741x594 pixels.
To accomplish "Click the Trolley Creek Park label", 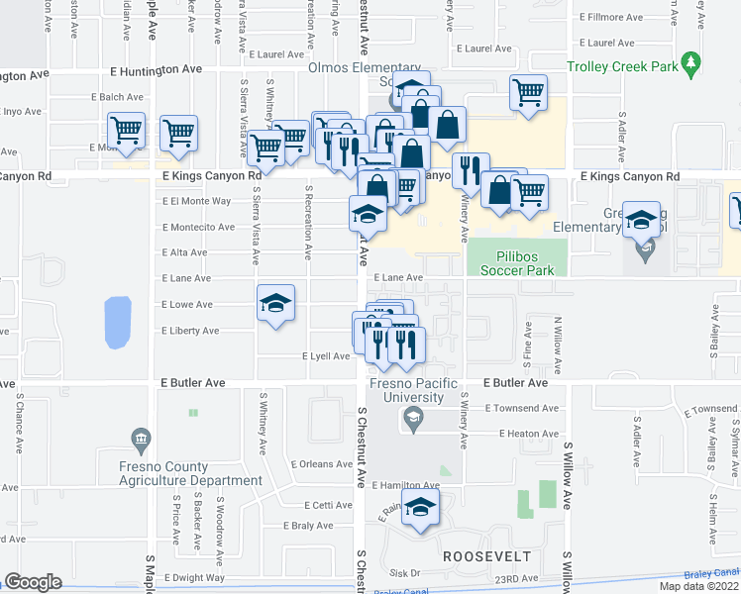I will (621, 67).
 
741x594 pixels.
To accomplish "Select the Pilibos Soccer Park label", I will (516, 261).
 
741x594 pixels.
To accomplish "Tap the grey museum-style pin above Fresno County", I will (140, 438).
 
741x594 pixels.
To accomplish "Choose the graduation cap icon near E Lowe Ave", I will (275, 304).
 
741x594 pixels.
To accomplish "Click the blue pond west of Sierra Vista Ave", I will (118, 323).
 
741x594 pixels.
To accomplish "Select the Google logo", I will (33, 582).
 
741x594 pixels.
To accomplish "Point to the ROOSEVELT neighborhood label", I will (487, 556).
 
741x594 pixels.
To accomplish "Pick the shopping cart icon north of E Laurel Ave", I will (528, 94).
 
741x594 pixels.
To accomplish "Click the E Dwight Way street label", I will (194, 577).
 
